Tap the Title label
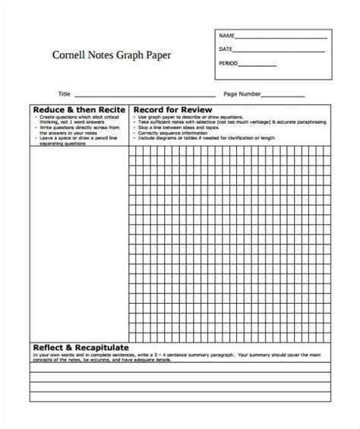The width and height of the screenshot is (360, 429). tap(64, 94)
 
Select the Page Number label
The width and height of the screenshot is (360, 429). tap(242, 94)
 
